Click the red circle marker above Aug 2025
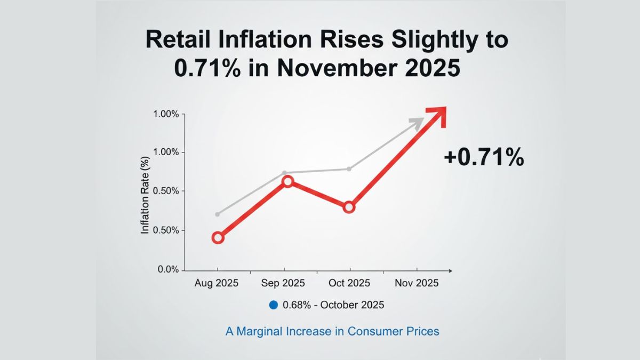pyautogui.click(x=218, y=238)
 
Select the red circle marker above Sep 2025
pyautogui.click(x=287, y=181)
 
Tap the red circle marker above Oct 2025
pyautogui.click(x=349, y=207)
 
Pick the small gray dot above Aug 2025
pyautogui.click(x=217, y=214)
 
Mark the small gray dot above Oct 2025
pyautogui.click(x=349, y=169)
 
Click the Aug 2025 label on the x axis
pyautogui.click(x=217, y=283)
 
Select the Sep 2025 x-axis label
pyautogui.click(x=283, y=283)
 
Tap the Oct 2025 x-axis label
pyautogui.click(x=349, y=283)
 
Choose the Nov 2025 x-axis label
pyautogui.click(x=416, y=283)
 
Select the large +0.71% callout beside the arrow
pyautogui.click(x=484, y=158)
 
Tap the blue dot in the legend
pyautogui.click(x=274, y=305)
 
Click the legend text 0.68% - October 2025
pyautogui.click(x=333, y=305)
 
